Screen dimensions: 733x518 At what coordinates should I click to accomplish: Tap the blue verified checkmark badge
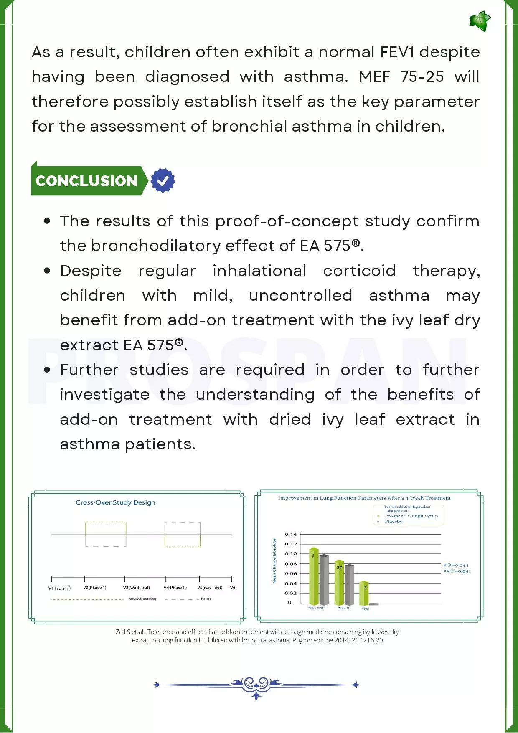163,180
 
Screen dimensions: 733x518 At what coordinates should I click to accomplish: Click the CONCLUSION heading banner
87,181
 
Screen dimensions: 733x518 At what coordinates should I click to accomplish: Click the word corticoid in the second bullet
359,271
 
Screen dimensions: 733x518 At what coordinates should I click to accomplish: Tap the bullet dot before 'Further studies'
47,370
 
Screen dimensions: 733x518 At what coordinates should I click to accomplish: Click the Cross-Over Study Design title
115,502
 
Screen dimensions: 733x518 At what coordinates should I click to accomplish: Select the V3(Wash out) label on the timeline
136,588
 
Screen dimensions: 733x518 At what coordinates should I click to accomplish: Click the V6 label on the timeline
233,588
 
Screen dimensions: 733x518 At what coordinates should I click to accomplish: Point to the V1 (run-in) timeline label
59,588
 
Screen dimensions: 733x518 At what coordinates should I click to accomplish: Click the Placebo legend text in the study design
206,599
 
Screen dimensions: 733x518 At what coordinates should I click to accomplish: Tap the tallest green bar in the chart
314,576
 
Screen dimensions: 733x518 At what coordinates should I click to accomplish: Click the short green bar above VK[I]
364,593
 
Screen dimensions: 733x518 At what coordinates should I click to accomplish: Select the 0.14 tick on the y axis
291,535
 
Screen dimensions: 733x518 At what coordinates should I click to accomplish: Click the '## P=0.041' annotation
457,571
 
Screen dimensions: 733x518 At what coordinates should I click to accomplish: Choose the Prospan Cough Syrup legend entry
411,516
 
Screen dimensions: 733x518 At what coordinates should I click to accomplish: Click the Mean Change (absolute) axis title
274,560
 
